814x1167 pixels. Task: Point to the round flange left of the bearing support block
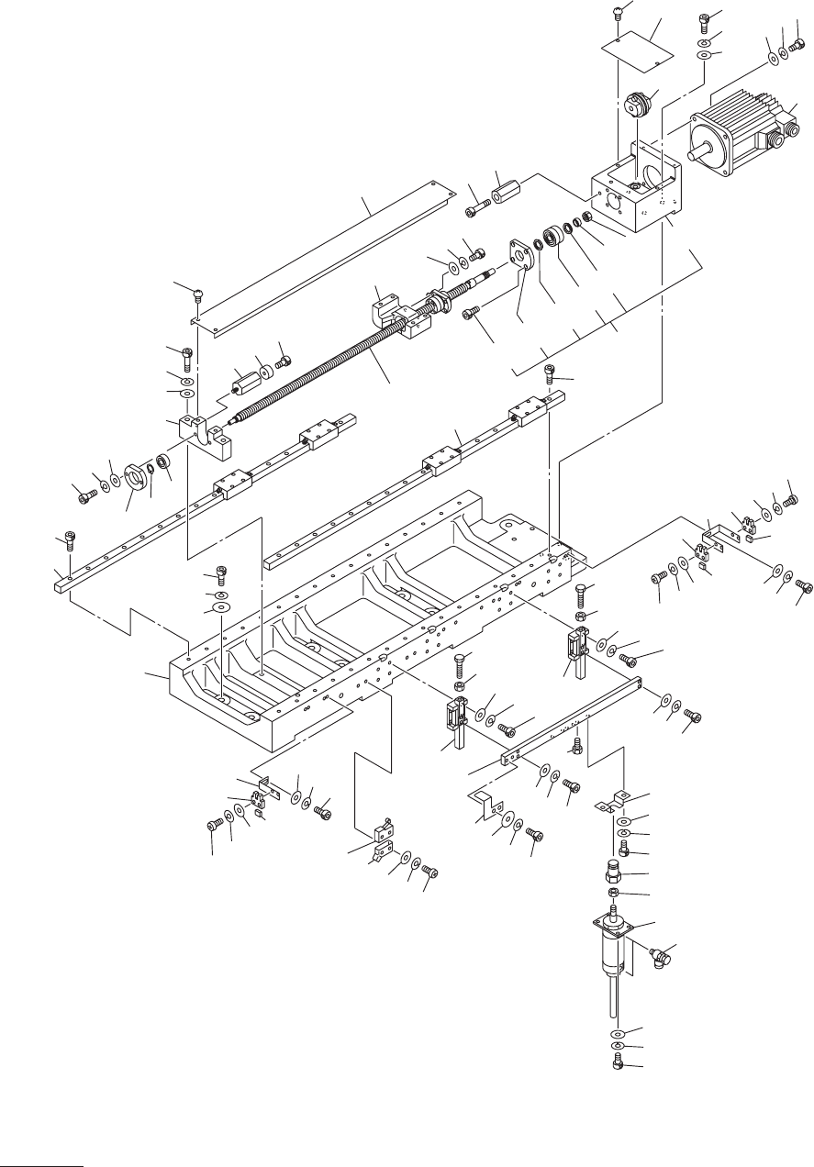coord(135,475)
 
